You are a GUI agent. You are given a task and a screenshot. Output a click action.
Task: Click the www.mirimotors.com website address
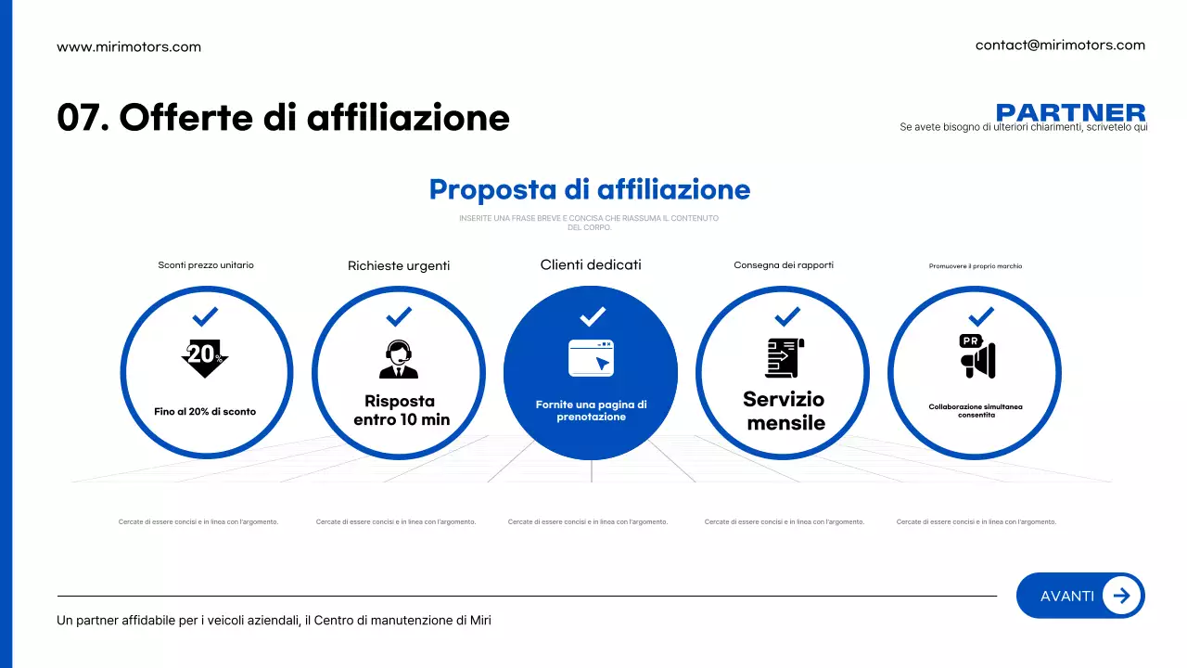coord(129,46)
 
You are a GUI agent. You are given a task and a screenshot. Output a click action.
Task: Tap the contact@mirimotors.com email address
coord(1060,45)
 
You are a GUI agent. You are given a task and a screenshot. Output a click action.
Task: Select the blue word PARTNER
coord(1070,113)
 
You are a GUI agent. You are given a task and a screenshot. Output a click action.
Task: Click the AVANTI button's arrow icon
coord(1121,596)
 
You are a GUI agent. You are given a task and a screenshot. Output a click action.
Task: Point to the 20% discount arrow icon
coord(205,357)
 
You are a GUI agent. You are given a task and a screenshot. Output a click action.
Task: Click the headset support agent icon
coord(399,360)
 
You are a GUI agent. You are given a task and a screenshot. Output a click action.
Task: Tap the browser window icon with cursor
coord(591,358)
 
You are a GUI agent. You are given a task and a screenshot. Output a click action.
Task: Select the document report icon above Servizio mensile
coord(785,357)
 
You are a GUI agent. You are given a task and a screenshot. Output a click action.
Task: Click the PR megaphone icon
coord(976,357)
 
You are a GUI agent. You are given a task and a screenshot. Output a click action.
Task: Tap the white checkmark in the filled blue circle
coord(592,316)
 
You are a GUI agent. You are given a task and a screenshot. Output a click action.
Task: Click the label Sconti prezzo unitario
coord(206,265)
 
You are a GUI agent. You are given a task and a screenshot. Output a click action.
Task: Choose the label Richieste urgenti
coord(399,266)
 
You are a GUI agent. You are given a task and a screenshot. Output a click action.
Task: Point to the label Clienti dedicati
coord(591,265)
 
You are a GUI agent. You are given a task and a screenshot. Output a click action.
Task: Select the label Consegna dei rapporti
coord(784,265)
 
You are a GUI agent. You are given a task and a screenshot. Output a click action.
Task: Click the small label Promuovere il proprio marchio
coord(976,266)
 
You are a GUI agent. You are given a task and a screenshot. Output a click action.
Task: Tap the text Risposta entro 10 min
coord(401,410)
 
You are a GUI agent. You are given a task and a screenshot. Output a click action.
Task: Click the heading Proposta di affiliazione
coord(590,189)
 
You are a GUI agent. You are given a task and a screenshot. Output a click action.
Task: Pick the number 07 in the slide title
coord(78,118)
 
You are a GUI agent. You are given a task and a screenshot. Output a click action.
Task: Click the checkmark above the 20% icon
coord(205,316)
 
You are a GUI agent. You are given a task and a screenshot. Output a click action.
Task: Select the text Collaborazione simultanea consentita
coord(976,411)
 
